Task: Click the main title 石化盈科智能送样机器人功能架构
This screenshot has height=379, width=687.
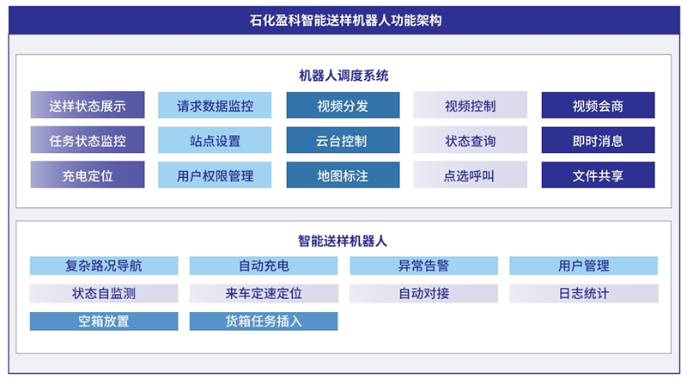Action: [346, 20]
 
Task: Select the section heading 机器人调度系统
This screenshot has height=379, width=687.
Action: [343, 76]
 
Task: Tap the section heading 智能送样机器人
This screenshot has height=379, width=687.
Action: [343, 241]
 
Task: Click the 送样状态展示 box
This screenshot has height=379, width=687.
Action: [88, 105]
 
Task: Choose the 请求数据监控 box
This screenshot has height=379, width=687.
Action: [215, 105]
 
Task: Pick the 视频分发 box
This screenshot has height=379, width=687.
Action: [343, 105]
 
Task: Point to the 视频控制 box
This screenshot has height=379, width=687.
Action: [470, 105]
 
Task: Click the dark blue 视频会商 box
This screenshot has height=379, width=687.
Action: [598, 105]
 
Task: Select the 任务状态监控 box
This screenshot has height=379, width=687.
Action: [88, 140]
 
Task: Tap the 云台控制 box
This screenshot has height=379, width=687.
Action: [343, 140]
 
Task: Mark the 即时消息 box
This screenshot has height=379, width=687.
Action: [598, 140]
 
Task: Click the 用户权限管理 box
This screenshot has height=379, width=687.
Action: [215, 175]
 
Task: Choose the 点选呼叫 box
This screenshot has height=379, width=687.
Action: [470, 175]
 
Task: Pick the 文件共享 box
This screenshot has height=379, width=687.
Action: [598, 175]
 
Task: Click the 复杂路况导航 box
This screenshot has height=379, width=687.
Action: [104, 266]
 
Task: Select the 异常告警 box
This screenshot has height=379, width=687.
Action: [423, 266]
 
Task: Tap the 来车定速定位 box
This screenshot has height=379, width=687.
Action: [264, 293]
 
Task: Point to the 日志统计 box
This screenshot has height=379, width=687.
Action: [584, 293]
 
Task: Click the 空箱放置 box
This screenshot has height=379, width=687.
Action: [104, 321]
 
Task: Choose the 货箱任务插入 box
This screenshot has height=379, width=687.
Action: [264, 321]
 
